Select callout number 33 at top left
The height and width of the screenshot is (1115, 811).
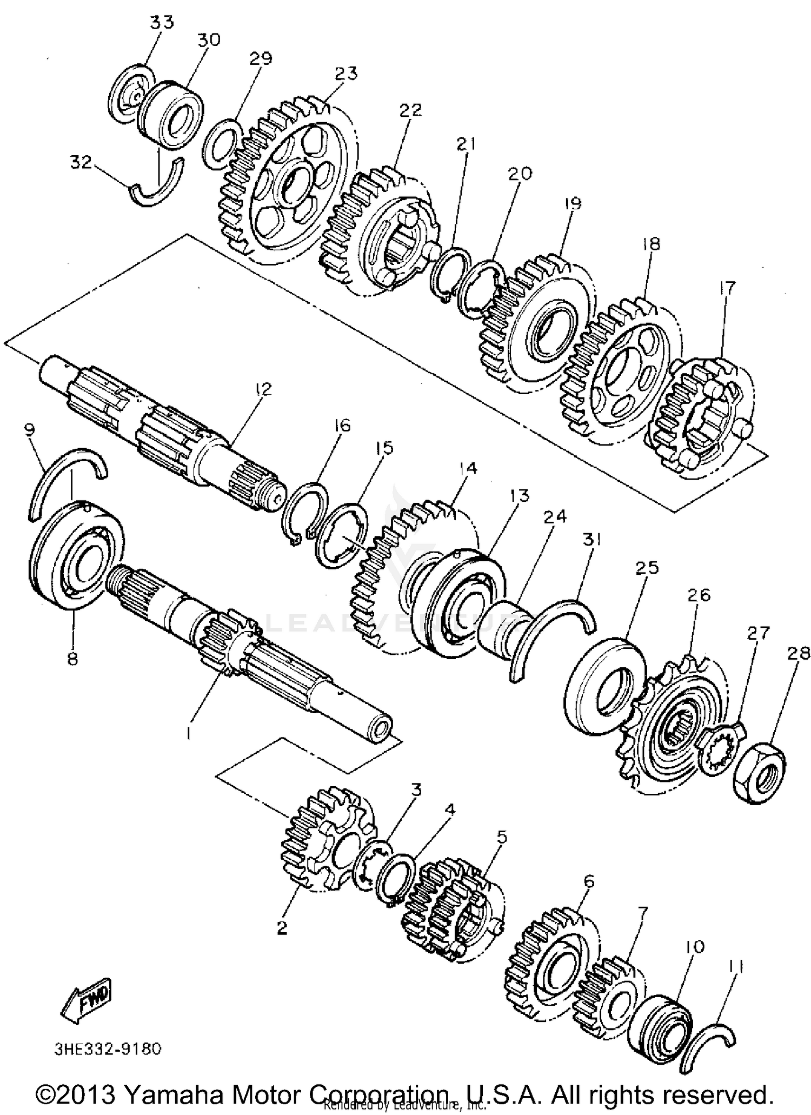[x=162, y=22]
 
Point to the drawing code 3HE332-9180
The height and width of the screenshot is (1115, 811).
[x=108, y=1049]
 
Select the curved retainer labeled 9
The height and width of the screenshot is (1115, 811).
[x=65, y=476]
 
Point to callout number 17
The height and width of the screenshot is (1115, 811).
[x=727, y=288]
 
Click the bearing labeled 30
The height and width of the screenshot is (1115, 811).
[x=170, y=115]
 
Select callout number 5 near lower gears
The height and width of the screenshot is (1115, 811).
[x=502, y=838]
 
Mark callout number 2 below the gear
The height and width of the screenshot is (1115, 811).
[x=282, y=928]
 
